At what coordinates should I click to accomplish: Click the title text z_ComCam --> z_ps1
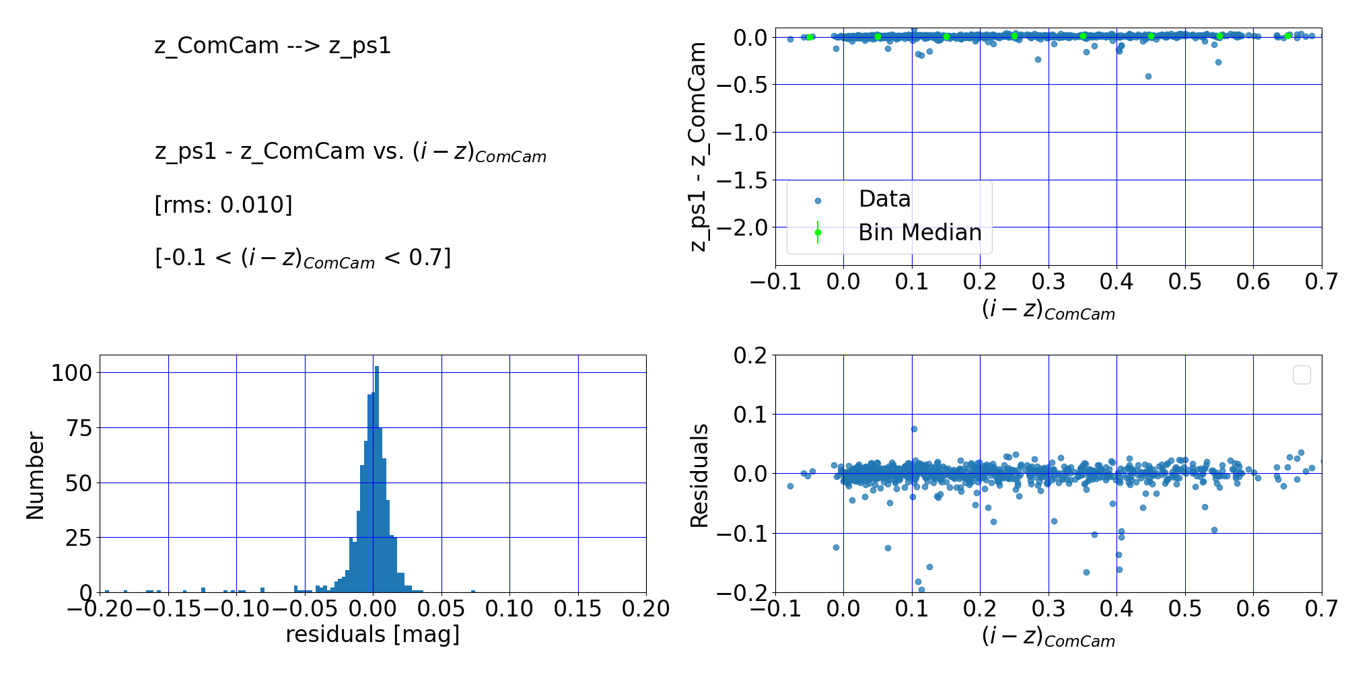click(273, 46)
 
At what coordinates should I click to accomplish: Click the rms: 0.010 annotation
click(223, 205)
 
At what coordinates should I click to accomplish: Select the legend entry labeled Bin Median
click(919, 232)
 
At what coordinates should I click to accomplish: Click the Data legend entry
click(884, 199)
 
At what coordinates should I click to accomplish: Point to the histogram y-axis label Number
click(35, 475)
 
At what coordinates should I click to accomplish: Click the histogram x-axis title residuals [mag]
click(373, 635)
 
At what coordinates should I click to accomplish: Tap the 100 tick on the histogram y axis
click(71, 373)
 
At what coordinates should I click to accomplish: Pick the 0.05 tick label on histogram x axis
click(441, 609)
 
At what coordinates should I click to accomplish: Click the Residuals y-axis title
click(700, 475)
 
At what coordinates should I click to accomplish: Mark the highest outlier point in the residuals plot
click(914, 429)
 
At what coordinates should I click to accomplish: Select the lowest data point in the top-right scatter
click(1148, 76)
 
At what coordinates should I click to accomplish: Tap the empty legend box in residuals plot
click(1302, 375)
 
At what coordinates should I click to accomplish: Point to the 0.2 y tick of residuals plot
click(750, 355)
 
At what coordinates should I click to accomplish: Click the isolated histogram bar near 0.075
click(472, 591)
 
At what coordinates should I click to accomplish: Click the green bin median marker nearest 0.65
click(1288, 36)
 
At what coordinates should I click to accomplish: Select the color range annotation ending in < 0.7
click(303, 258)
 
